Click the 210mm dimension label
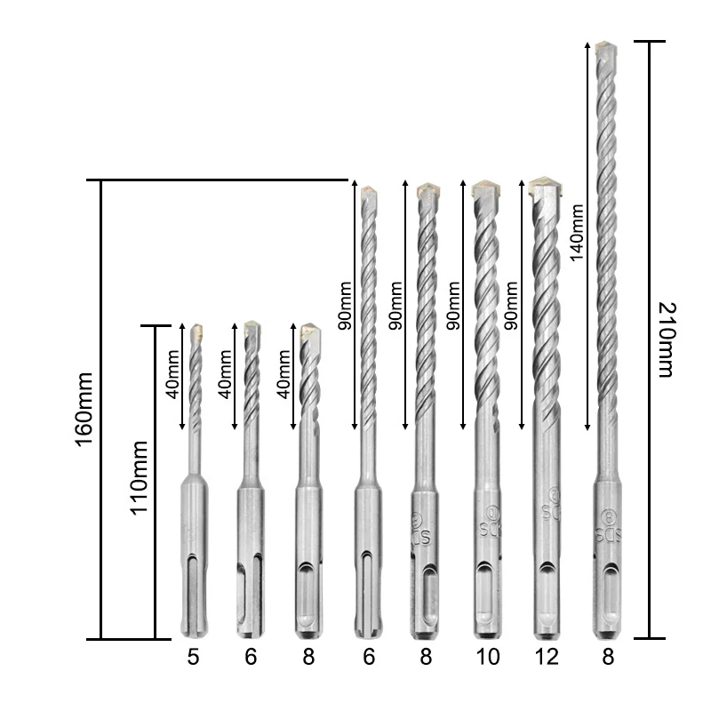click(666, 340)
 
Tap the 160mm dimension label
click(84, 409)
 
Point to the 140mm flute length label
click(577, 234)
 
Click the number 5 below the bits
click(193, 658)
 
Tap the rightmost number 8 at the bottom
click(607, 658)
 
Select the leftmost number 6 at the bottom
click(250, 658)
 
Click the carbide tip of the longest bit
click(606, 47)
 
